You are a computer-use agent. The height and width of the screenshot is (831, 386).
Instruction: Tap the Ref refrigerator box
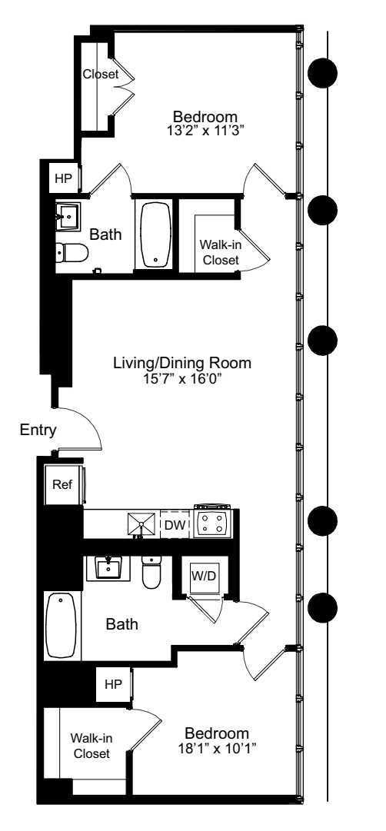(62, 485)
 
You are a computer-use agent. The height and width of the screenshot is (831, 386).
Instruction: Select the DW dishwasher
(174, 524)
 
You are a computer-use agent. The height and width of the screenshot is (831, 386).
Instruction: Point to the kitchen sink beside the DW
(142, 524)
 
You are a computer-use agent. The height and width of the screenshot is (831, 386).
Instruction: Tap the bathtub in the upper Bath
(156, 234)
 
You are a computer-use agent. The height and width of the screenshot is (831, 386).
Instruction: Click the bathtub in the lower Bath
(62, 625)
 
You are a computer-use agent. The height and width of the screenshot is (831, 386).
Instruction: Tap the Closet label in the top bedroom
(101, 75)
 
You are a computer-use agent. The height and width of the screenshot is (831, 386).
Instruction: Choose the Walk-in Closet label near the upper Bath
(219, 252)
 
